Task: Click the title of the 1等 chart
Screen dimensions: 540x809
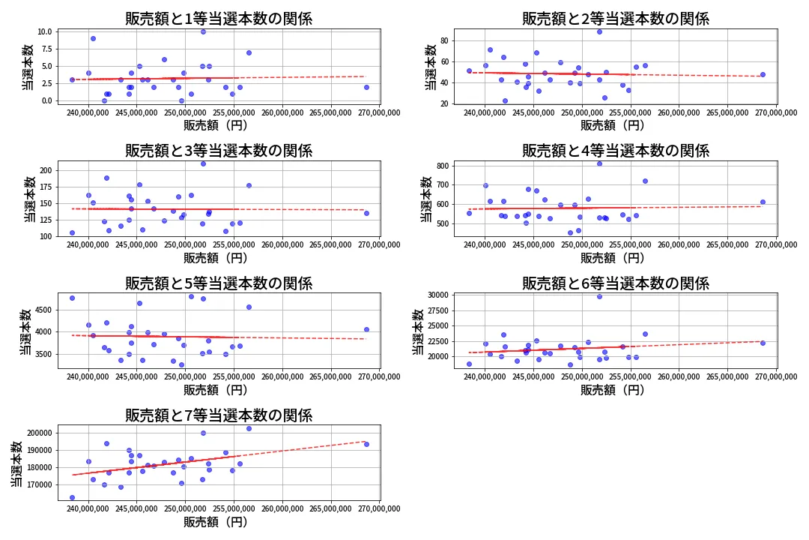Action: (x=219, y=19)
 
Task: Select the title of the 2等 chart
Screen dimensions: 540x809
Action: (x=615, y=19)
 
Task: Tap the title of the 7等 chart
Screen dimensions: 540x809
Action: (x=219, y=415)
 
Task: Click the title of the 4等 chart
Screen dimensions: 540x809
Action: (x=615, y=151)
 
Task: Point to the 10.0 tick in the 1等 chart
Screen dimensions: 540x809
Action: (x=44, y=31)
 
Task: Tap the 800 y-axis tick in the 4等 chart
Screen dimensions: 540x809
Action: (x=441, y=166)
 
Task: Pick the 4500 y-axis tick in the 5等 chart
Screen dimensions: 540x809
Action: (x=42, y=310)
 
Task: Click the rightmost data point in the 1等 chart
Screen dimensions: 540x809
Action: (x=366, y=87)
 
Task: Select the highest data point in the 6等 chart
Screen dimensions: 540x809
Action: (x=599, y=296)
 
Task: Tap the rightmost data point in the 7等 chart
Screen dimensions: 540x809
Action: (x=366, y=444)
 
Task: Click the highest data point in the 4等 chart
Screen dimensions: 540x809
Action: (x=599, y=163)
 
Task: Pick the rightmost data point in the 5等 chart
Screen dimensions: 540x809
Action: (x=366, y=329)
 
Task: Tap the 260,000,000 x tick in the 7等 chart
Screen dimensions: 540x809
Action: (x=282, y=508)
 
